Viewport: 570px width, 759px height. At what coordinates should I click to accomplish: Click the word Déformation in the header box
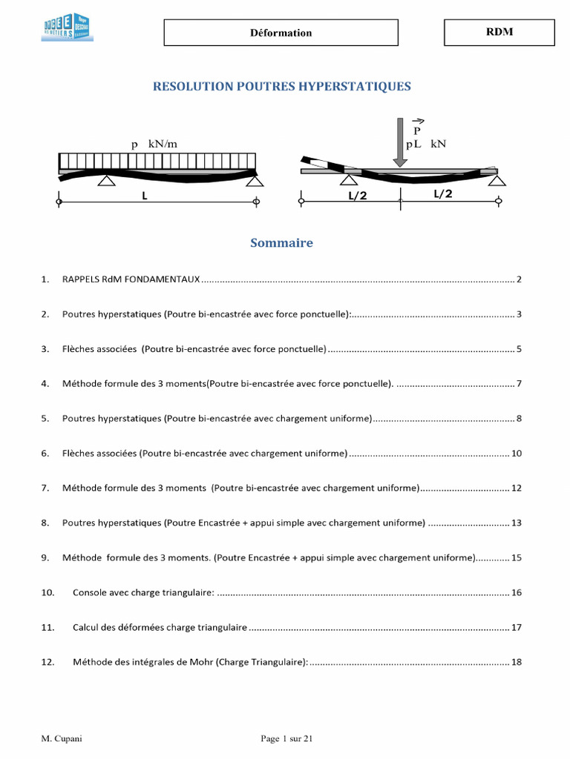tap(281, 33)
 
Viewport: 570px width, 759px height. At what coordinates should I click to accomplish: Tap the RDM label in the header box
tap(499, 32)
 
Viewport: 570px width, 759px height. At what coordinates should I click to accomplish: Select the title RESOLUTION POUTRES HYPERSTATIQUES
tap(281, 87)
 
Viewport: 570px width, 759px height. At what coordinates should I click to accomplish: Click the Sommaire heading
tap(281, 243)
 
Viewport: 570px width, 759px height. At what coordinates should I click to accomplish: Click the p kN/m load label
tap(153, 144)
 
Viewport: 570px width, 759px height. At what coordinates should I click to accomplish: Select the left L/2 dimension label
tap(358, 195)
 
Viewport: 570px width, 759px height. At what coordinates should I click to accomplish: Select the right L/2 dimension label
tap(443, 194)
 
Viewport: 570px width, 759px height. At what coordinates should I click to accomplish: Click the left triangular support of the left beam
tap(106, 180)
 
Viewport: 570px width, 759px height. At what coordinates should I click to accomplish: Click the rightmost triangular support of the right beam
tap(498, 180)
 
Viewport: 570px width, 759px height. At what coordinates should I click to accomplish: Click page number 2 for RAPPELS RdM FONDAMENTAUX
tap(520, 279)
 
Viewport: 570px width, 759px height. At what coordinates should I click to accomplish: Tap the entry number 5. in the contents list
tap(45, 418)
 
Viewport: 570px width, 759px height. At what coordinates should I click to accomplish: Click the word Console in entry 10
tap(91, 592)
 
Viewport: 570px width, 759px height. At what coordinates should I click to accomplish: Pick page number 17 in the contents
tap(517, 627)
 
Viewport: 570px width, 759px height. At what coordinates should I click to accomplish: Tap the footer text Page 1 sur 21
tap(286, 738)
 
